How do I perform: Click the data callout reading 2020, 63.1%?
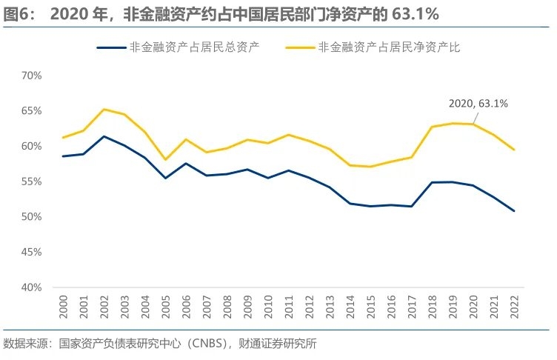(x=478, y=104)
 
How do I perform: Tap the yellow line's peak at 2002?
(x=104, y=109)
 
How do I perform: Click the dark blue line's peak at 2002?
(x=104, y=136)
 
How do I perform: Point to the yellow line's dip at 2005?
(x=166, y=159)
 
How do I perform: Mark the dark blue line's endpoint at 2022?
(x=513, y=211)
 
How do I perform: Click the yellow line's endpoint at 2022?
(x=513, y=150)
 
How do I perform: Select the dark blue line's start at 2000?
(x=64, y=156)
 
